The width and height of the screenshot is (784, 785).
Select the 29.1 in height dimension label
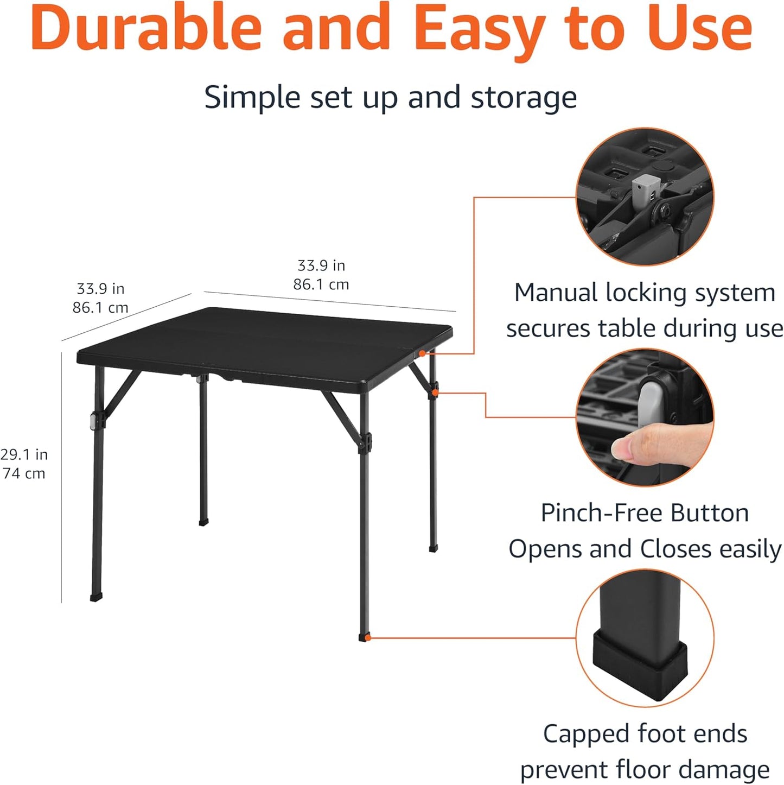tap(24, 454)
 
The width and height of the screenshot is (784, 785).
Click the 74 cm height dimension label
tap(24, 473)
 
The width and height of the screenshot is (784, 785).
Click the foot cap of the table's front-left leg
tap(96, 597)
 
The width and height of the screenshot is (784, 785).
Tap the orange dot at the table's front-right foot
tap(368, 638)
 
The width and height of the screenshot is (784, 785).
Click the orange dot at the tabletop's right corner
tap(422, 353)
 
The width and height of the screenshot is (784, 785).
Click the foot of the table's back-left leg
tap(203, 522)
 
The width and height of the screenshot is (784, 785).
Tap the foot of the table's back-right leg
tap(433, 548)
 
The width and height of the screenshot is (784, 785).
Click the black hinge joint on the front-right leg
tap(364, 442)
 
